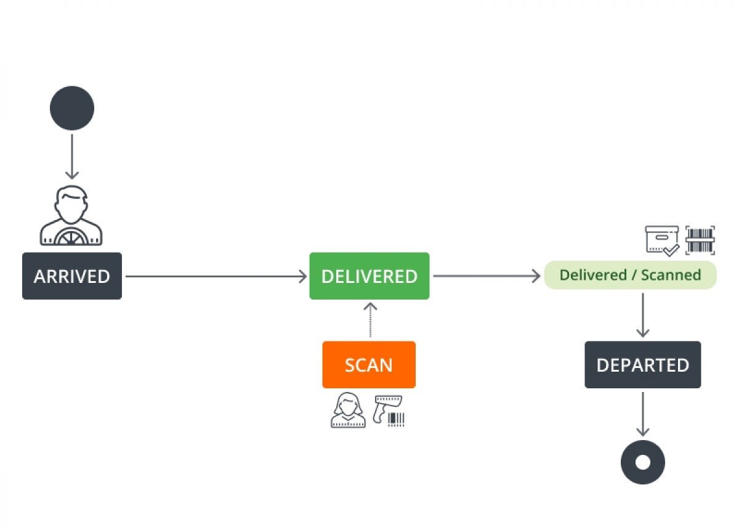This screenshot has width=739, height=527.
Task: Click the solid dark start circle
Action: pyautogui.click(x=72, y=108)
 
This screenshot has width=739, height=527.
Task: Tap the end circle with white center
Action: pyautogui.click(x=642, y=462)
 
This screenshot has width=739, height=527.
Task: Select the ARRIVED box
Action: pyautogui.click(x=72, y=276)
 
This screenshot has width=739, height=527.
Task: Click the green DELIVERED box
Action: pyautogui.click(x=369, y=276)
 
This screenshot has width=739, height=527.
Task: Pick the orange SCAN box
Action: pyautogui.click(x=369, y=365)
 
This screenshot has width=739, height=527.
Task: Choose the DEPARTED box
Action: pyautogui.click(x=642, y=365)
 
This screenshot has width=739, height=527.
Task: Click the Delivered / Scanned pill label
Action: pyautogui.click(x=630, y=275)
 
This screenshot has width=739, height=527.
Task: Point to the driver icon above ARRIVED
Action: pyautogui.click(x=71, y=216)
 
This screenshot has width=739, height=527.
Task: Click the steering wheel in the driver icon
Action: pyautogui.click(x=71, y=236)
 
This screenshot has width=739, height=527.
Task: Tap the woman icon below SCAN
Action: pyautogui.click(x=348, y=410)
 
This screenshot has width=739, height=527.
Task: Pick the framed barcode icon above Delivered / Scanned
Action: pyautogui.click(x=700, y=240)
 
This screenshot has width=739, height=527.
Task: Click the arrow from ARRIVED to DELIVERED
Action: pyautogui.click(x=216, y=276)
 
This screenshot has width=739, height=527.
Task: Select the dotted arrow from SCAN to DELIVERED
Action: pyautogui.click(x=369, y=321)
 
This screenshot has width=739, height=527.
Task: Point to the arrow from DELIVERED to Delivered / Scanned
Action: pyautogui.click(x=487, y=276)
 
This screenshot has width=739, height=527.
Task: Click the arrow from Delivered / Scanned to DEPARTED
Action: pyautogui.click(x=642, y=314)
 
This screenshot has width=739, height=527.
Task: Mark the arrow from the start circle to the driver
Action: pyautogui.click(x=72, y=157)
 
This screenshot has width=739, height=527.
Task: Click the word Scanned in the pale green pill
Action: pyautogui.click(x=671, y=275)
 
